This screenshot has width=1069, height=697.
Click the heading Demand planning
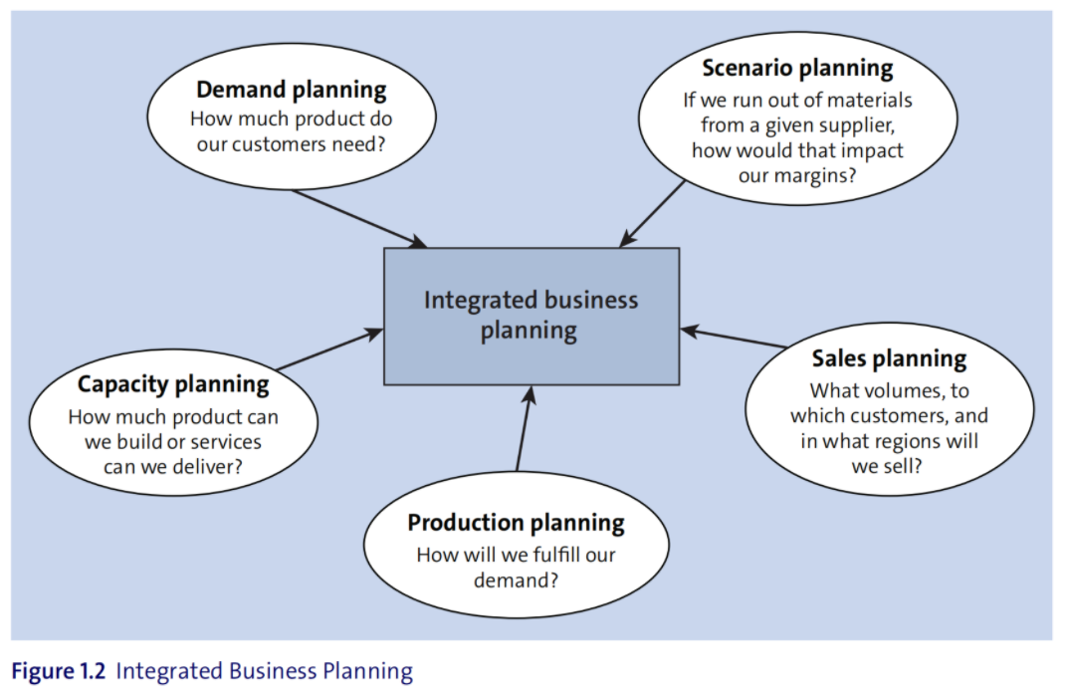[x=291, y=90]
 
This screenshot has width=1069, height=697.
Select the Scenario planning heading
[x=797, y=68]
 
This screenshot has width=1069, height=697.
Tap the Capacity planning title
[x=173, y=384]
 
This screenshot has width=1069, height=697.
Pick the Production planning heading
[x=517, y=523]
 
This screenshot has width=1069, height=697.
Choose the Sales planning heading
[x=889, y=358]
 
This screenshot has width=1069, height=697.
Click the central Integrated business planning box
[x=532, y=317]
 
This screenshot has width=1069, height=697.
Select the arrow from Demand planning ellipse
[x=360, y=218]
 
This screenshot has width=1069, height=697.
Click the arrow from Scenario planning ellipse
[x=652, y=213]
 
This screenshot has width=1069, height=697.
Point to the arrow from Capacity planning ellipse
[x=330, y=349]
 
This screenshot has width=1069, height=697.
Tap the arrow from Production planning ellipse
[x=525, y=428]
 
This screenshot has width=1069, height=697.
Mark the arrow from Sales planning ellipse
[x=734, y=338]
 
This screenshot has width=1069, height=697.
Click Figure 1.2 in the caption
[x=59, y=671]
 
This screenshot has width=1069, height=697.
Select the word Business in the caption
[x=273, y=671]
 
